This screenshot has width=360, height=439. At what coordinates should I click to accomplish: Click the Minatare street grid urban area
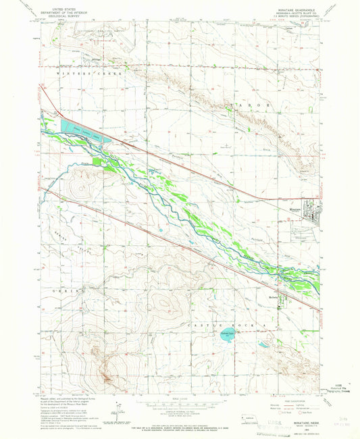tap(312, 215)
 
